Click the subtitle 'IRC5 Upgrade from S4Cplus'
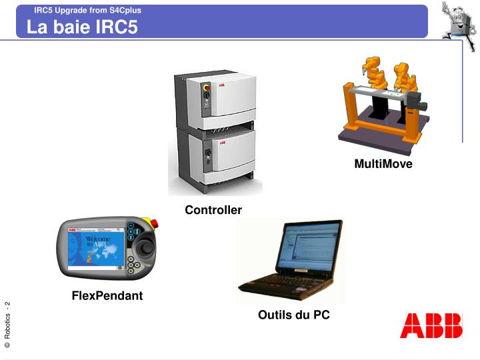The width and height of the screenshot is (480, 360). pyautogui.click(x=87, y=10)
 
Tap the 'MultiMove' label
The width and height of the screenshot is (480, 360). pyautogui.click(x=383, y=164)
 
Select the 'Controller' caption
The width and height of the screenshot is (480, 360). pyautogui.click(x=213, y=210)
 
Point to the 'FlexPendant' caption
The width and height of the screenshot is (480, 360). pyautogui.click(x=107, y=295)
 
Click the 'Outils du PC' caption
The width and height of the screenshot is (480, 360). pyautogui.click(x=294, y=315)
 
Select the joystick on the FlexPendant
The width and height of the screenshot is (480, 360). pyautogui.click(x=144, y=248)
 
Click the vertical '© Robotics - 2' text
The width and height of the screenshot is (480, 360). pyautogui.click(x=7, y=325)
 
